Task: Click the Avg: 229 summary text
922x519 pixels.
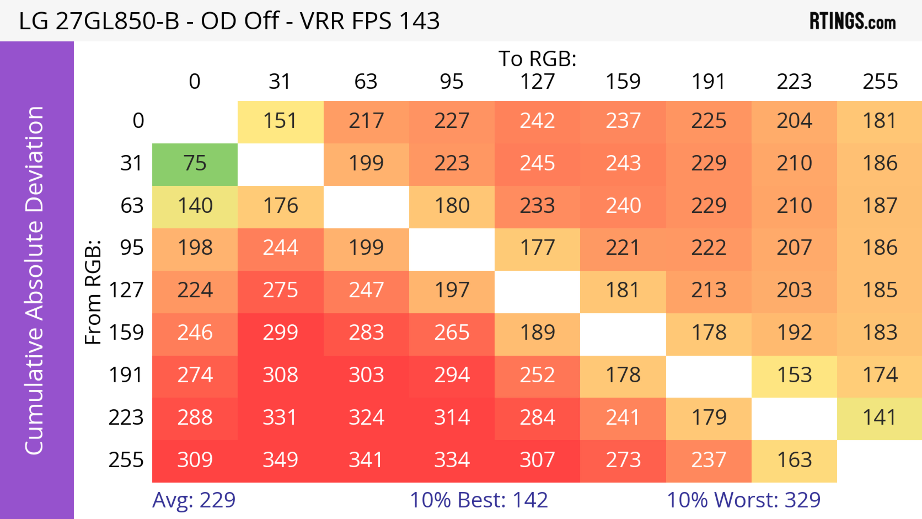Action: point(194,500)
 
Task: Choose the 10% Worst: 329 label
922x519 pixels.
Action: point(743,500)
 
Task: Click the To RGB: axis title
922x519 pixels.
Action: point(537,59)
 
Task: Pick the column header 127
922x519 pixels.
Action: point(537,82)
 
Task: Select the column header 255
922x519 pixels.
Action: point(880,82)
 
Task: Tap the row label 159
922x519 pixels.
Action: point(126,333)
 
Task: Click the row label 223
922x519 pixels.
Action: point(126,418)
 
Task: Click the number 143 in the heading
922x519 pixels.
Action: point(419,21)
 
